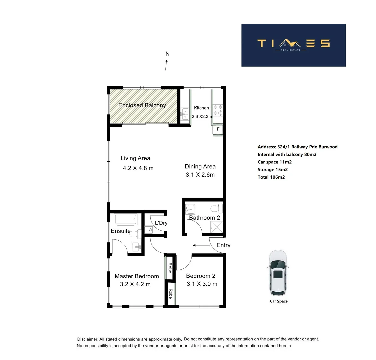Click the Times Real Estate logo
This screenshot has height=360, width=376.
(293, 45)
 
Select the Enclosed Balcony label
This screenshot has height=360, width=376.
(142, 105)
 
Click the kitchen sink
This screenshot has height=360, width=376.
(184, 114)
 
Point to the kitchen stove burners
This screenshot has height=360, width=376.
(218, 110)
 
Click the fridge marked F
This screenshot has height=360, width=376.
(218, 129)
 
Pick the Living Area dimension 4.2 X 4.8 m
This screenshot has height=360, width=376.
(138, 168)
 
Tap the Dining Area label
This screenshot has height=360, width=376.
(200, 166)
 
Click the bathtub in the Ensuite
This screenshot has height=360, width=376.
(125, 220)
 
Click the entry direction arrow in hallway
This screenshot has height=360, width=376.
(201, 246)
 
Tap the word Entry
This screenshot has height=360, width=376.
(223, 245)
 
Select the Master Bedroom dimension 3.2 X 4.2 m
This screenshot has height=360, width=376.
(135, 284)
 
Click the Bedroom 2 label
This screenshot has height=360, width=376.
(201, 276)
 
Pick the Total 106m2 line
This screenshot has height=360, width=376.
(271, 177)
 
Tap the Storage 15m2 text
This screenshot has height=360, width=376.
(272, 170)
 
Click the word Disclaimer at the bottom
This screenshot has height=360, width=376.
(88, 339)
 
